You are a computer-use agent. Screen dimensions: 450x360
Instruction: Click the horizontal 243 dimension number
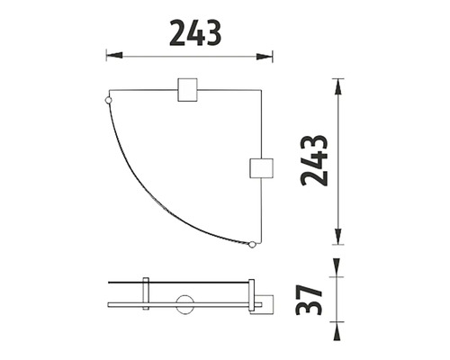click(x=195, y=33)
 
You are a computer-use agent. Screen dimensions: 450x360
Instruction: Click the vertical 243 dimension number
click(x=314, y=160)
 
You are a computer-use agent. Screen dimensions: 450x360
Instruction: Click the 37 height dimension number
click(x=309, y=300)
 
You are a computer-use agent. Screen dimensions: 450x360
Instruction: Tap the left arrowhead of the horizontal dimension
click(x=114, y=56)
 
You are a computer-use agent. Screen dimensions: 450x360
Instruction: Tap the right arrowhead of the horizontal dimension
click(x=265, y=57)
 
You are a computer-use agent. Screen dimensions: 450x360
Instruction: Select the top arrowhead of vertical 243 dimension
click(x=338, y=87)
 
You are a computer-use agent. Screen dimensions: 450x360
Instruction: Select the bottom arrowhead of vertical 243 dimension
click(x=338, y=237)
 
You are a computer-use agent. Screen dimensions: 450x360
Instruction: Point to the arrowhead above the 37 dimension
click(x=336, y=267)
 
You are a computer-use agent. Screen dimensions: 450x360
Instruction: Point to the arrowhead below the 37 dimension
click(x=336, y=331)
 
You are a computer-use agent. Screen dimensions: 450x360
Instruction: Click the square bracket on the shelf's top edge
click(x=187, y=90)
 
